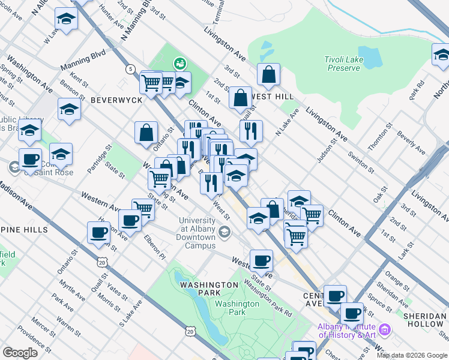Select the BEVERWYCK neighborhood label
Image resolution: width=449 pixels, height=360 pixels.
[x=116, y=100]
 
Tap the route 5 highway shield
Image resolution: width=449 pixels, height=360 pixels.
[x=130, y=69]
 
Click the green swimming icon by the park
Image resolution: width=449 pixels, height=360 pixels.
[x=179, y=62]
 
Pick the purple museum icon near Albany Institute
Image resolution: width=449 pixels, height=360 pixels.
[x=385, y=329]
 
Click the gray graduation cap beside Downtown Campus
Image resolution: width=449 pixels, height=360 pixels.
[x=224, y=232]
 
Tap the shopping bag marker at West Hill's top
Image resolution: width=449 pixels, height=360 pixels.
[x=269, y=74]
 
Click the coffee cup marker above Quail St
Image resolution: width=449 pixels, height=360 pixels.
[x=98, y=233]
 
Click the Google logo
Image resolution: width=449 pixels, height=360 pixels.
[x=20, y=353]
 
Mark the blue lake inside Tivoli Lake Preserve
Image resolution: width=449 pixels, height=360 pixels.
[x=370, y=57]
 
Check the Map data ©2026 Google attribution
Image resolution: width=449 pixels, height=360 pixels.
[x=412, y=355]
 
